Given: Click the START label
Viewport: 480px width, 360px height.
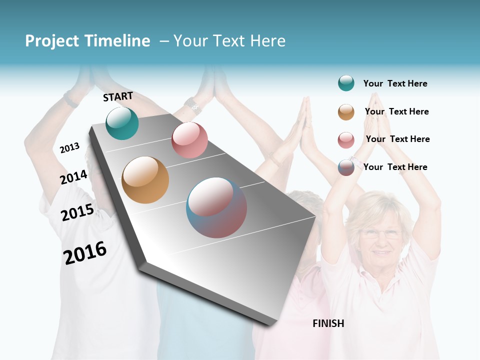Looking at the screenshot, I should [118, 96].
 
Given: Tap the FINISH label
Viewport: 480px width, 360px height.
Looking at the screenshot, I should [328, 323].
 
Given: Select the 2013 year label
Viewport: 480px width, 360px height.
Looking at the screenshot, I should [69, 148].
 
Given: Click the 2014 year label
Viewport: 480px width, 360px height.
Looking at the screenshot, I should [73, 177].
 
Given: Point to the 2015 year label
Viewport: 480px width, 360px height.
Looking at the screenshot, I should [77, 212].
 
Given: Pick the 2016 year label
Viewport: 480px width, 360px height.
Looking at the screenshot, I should [85, 253].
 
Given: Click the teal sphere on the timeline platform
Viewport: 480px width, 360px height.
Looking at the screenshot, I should [122, 123].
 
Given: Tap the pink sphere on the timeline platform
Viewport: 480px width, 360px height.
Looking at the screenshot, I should [189, 140].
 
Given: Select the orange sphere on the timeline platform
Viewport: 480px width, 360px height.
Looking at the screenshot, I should [145, 180].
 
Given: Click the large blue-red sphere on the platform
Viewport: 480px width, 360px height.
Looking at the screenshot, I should [216, 207].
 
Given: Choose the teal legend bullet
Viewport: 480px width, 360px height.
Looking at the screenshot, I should [346, 83].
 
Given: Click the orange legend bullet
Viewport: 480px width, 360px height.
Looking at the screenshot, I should [346, 112].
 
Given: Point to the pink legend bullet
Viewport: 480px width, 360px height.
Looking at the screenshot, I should [346, 140].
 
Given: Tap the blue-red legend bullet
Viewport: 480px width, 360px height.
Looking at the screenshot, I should [346, 167].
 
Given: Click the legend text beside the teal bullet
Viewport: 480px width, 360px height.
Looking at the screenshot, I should [395, 83].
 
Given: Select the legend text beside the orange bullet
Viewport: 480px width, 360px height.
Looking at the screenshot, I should [396, 111].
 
